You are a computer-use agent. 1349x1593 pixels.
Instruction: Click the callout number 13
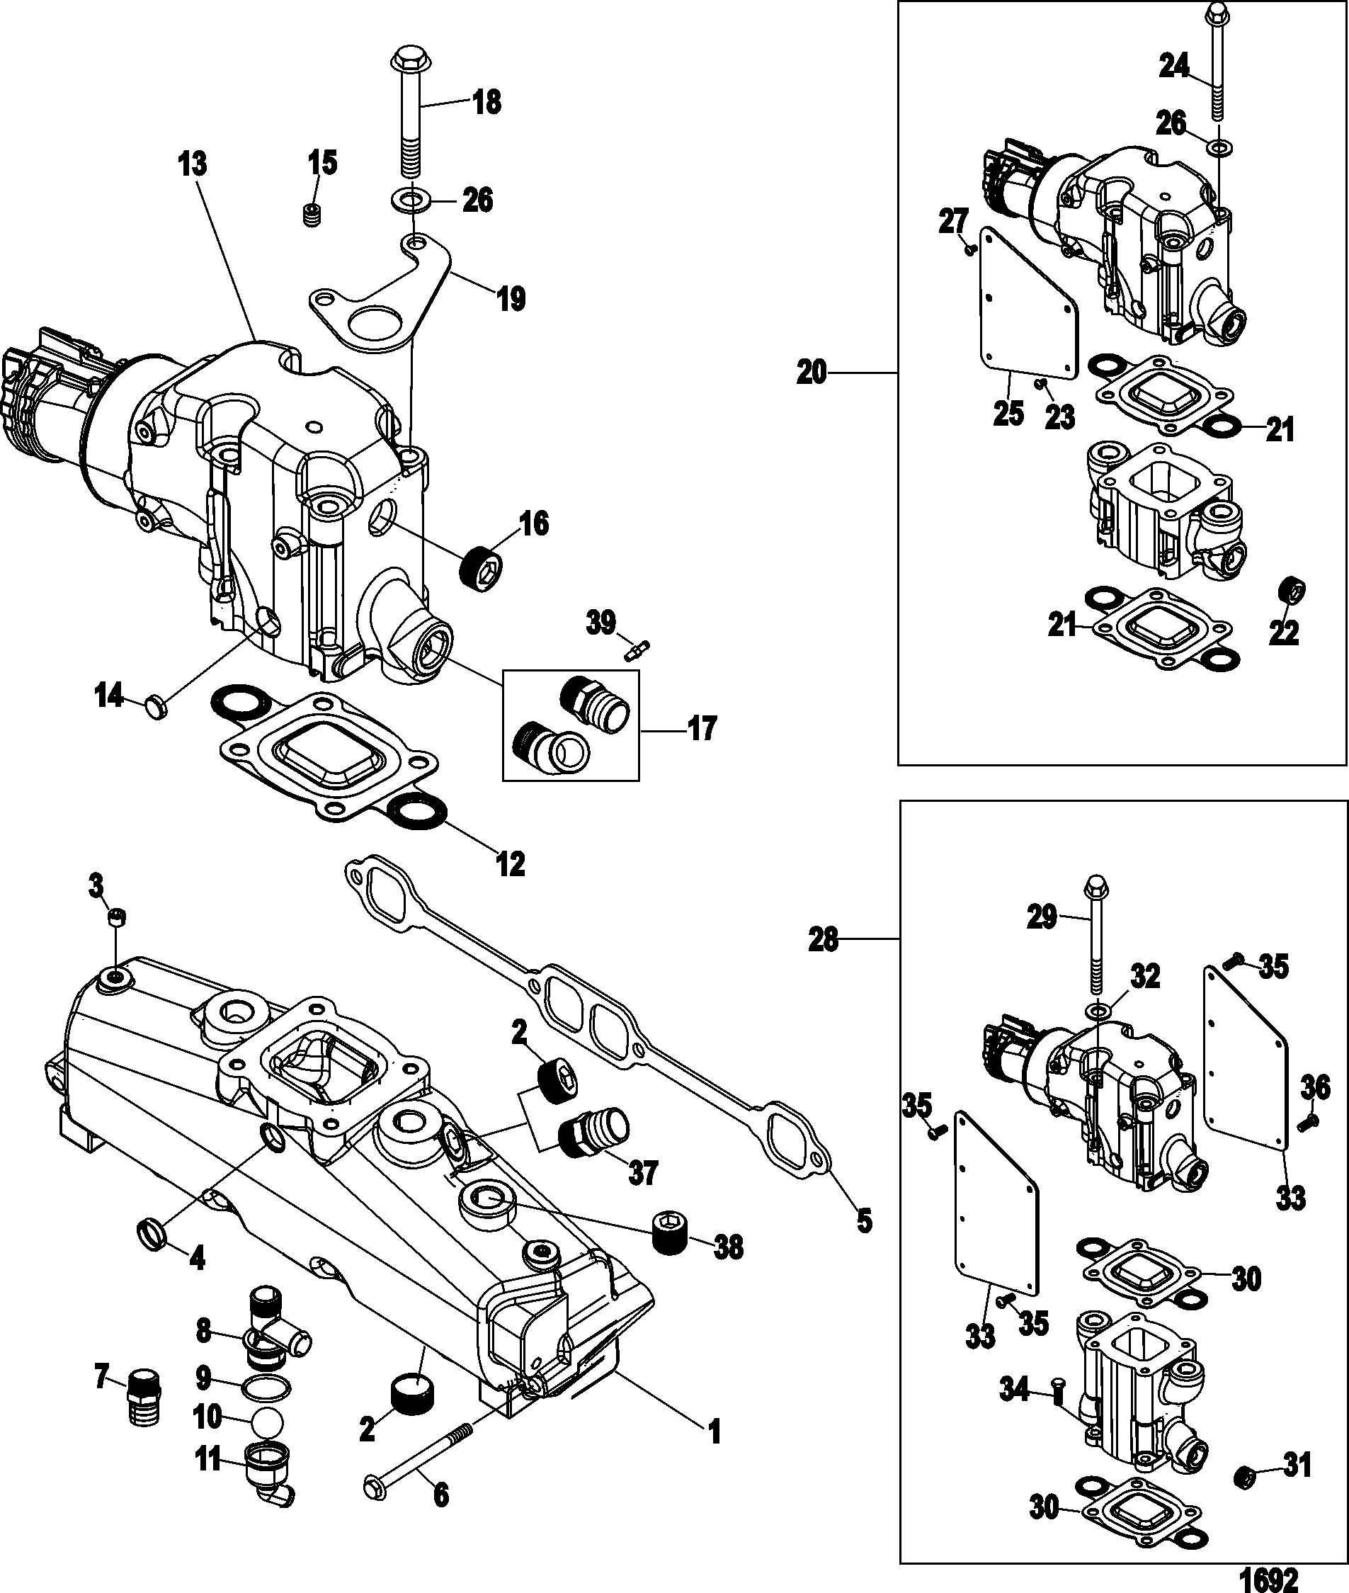click(x=193, y=164)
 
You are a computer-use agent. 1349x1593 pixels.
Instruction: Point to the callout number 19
click(x=511, y=297)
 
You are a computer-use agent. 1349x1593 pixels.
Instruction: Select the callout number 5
click(x=863, y=1221)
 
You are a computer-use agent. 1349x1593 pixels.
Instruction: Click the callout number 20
click(x=812, y=373)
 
